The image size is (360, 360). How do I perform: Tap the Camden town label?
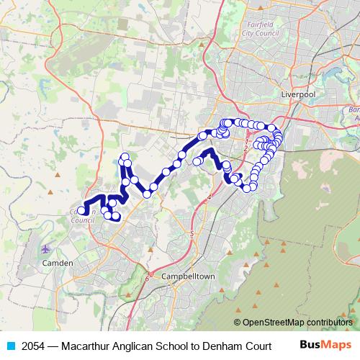[58, 263]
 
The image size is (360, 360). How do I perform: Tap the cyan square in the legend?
[10, 346]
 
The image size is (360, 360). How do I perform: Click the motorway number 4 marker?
[210, 196]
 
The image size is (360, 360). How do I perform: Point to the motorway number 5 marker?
[192, 234]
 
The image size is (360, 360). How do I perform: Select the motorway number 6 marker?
[146, 277]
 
